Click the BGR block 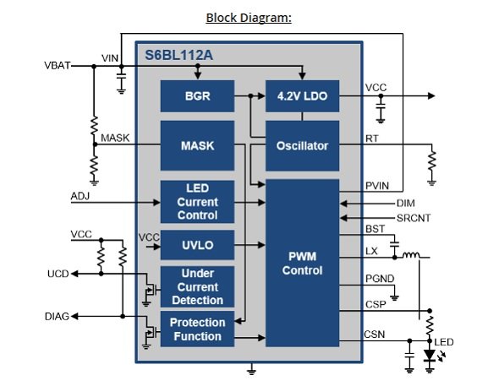197,96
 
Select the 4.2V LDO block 302,96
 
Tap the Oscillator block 302,146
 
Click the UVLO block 197,245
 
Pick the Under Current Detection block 197,287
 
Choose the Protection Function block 197,329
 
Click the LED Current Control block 197,202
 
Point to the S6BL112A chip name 178,55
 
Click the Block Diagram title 249,18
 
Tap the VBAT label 58,65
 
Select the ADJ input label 80,196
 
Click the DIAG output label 57,317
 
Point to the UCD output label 58,274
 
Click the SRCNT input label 414,218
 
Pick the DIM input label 405,203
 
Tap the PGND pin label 380,279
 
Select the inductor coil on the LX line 411,255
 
